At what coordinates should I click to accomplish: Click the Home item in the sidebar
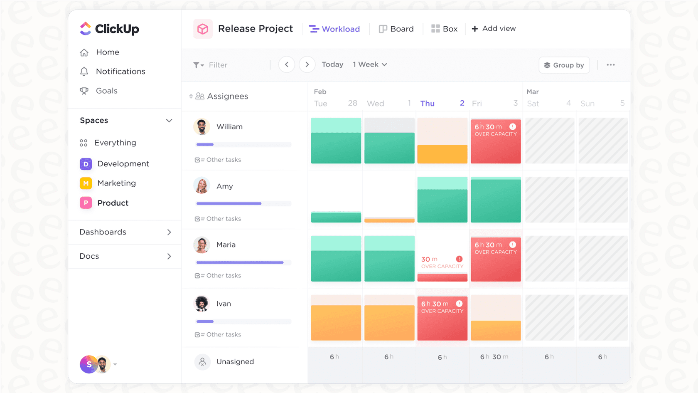click(x=107, y=52)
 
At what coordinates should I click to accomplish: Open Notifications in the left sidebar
click(x=120, y=72)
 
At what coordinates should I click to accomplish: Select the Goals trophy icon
click(x=84, y=91)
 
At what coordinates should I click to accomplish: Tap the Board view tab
click(x=396, y=29)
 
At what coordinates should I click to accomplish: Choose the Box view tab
click(x=444, y=29)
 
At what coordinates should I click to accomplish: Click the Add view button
click(x=494, y=29)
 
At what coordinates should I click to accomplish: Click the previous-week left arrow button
click(x=287, y=65)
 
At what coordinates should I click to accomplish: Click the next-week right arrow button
click(x=307, y=65)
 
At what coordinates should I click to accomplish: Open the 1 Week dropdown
click(x=370, y=65)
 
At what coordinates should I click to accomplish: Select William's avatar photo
click(x=202, y=127)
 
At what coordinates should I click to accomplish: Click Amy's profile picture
click(x=202, y=186)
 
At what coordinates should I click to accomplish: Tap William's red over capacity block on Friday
click(x=496, y=141)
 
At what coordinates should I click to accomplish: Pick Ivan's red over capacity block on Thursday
click(x=442, y=318)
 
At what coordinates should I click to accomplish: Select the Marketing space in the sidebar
click(x=116, y=183)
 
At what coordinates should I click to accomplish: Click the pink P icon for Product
click(x=86, y=203)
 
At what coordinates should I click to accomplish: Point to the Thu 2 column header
click(x=442, y=104)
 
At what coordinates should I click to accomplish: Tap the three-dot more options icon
click(x=610, y=65)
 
